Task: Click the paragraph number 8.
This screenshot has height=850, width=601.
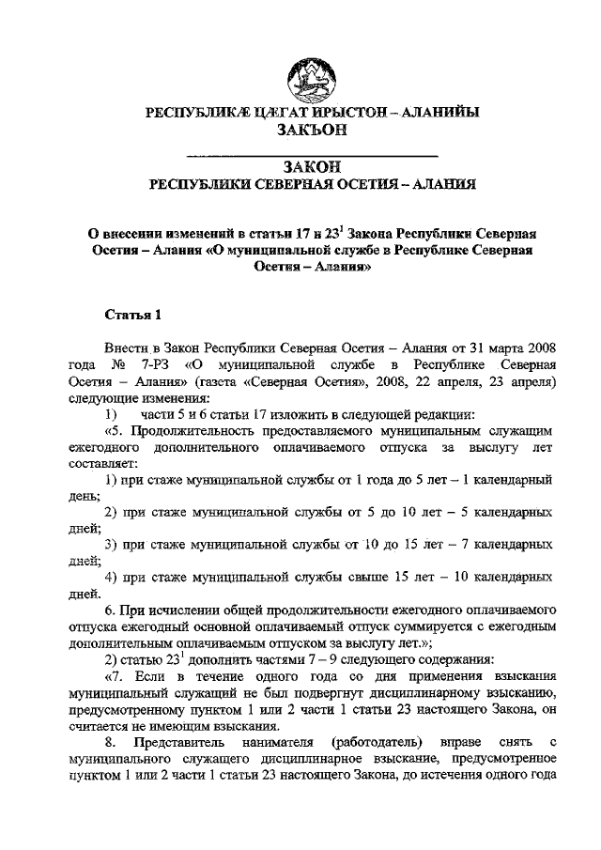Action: (110, 746)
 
